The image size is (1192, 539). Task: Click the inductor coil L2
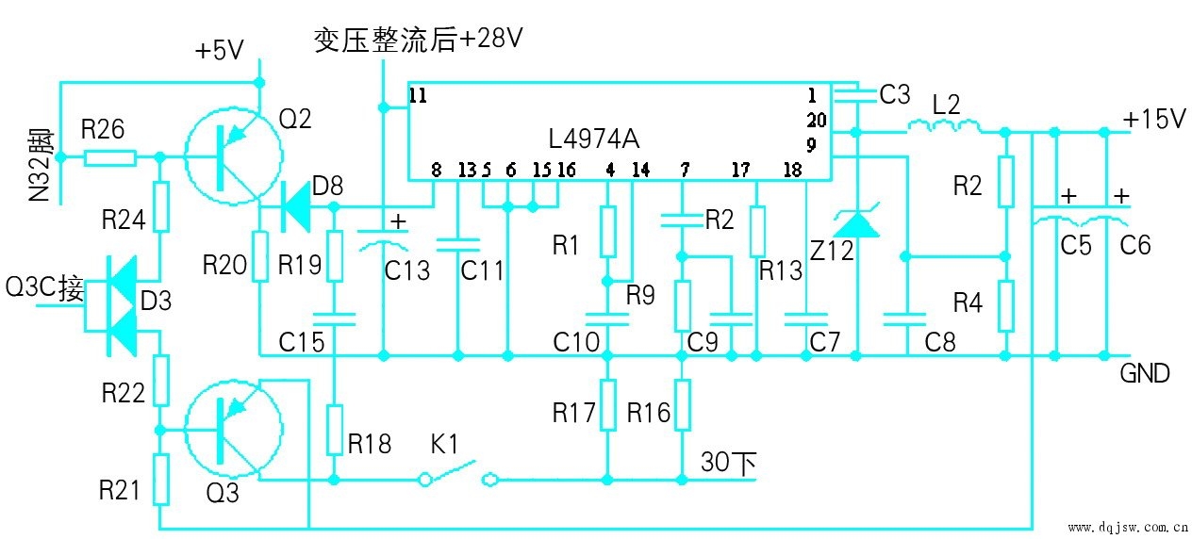pos(942,126)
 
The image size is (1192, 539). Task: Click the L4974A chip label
pos(593,139)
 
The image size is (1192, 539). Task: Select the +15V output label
pos(1153,120)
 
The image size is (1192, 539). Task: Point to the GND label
pos(1144,373)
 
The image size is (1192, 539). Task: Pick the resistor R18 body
pos(335,430)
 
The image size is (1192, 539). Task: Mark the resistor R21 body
pos(161,480)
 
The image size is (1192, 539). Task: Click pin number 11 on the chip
pos(419,95)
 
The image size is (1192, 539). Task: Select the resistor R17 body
pos(608,404)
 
